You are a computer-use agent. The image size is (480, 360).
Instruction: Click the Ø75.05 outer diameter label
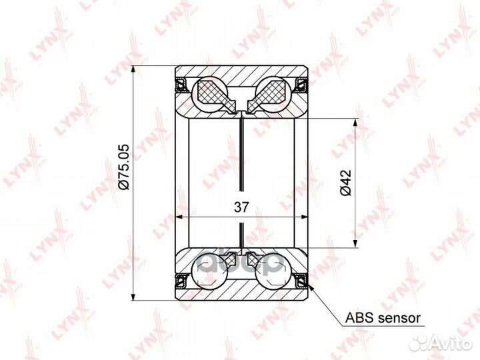tap(124, 167)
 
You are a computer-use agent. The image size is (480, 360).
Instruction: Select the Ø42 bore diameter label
tap(345, 182)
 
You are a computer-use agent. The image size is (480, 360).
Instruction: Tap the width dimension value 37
tap(241, 207)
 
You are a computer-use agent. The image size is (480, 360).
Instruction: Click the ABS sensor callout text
tap(383, 318)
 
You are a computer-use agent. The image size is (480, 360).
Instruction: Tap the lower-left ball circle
tap(209, 270)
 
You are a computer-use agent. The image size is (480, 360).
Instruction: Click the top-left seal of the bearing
tap(181, 85)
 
